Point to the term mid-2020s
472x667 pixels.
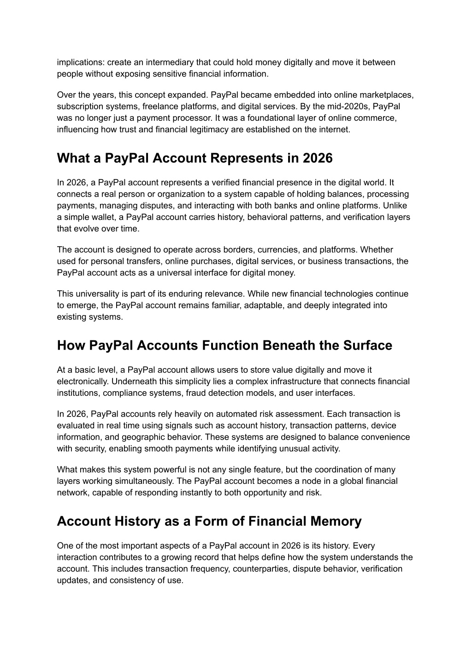point(348,107)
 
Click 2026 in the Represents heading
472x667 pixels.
point(318,158)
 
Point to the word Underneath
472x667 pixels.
point(134,381)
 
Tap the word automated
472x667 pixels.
point(207,414)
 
